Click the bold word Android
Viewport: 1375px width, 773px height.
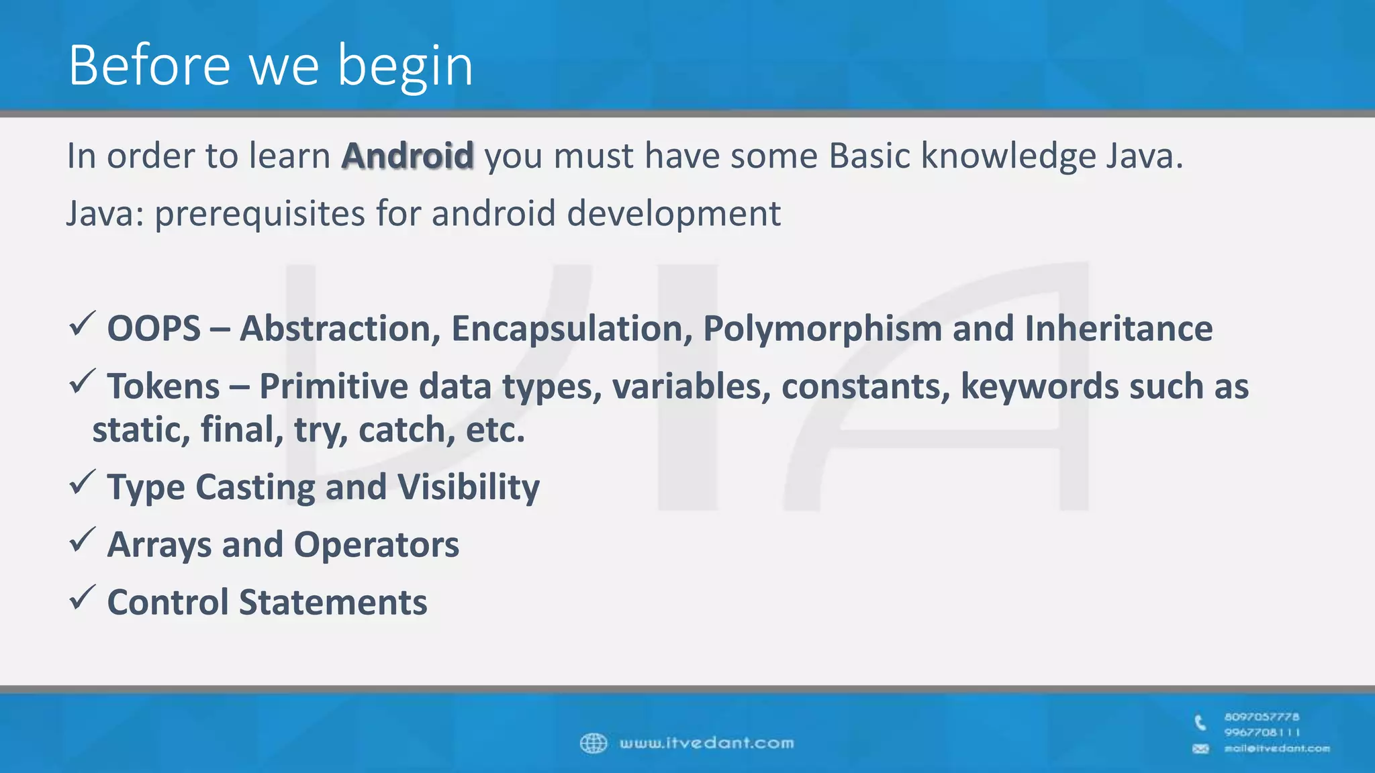tap(408, 156)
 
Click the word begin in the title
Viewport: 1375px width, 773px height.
tap(405, 66)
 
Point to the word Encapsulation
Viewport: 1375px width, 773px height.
tap(571, 329)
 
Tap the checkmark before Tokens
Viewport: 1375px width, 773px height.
tap(82, 382)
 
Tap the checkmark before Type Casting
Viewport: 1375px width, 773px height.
tap(82, 483)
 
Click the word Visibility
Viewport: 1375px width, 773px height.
tap(468, 487)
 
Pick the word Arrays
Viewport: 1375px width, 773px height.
tap(159, 545)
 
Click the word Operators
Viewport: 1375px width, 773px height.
tap(376, 545)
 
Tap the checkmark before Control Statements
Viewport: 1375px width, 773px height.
tap(82, 599)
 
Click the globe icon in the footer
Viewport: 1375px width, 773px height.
tap(593, 743)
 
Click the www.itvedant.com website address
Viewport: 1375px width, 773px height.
tap(706, 743)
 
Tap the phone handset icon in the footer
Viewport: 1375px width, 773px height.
tap(1200, 723)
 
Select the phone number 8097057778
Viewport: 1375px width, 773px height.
tap(1261, 717)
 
